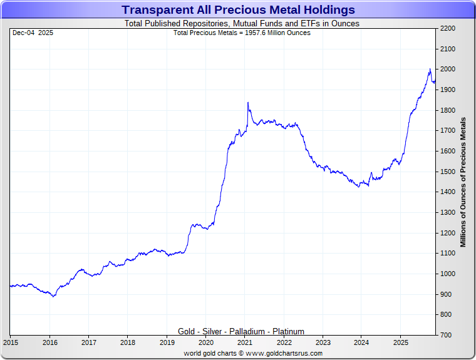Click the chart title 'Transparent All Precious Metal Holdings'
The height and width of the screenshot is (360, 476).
coord(238,10)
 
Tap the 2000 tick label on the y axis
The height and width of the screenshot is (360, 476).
coord(448,69)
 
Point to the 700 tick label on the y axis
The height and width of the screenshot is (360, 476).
coord(446,335)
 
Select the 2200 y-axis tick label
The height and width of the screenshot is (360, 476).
coord(448,29)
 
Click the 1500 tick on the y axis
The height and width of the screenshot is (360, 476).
coord(448,172)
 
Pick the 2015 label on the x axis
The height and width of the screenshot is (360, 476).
coord(11,342)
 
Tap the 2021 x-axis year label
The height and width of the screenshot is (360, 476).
coord(245,342)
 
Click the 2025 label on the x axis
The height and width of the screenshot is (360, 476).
coord(401,342)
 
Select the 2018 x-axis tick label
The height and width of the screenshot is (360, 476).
coord(128,342)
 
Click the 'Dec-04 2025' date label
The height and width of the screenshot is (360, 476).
coord(33,33)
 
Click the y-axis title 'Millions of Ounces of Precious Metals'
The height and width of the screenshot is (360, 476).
coord(463,182)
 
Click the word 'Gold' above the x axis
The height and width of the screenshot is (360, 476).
coord(186,331)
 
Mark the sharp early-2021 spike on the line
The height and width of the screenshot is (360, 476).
coord(248,103)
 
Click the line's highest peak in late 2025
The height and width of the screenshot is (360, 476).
coord(430,69)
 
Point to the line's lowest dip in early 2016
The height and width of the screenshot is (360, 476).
coord(53,296)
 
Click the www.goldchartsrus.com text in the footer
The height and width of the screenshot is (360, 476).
coord(284,353)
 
